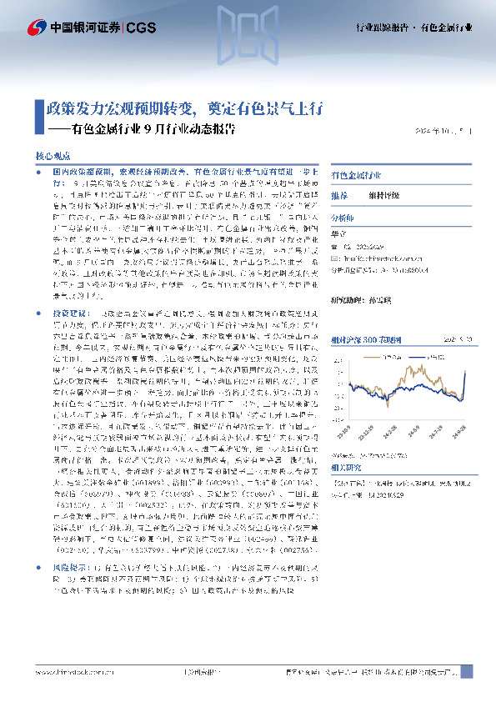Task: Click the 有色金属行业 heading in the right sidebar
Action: (x=356, y=177)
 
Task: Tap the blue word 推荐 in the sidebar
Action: (x=340, y=195)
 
